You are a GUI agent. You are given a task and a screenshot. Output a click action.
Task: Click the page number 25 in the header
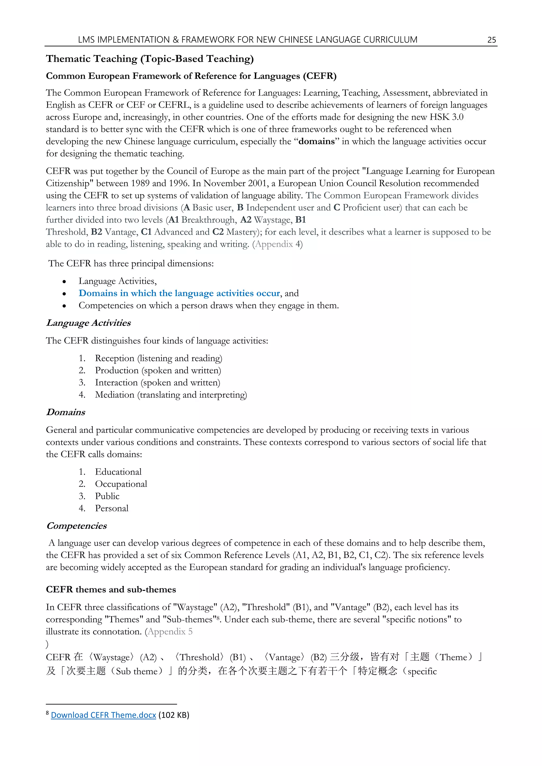pos(492,40)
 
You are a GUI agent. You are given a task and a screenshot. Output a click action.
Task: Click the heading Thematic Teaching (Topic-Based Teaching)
pos(150,59)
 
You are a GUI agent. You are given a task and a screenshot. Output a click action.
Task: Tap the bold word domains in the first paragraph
pos(317,142)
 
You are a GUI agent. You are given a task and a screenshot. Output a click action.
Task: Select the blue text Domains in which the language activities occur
pos(179,293)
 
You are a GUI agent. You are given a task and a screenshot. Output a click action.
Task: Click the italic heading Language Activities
pos(88,323)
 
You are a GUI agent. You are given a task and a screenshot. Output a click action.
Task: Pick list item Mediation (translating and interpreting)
pos(171,395)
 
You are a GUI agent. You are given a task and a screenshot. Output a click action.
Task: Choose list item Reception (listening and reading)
pos(159,358)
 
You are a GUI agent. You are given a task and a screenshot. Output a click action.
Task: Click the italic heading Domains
pos(66,412)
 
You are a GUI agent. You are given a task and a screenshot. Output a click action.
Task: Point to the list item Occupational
pos(121,484)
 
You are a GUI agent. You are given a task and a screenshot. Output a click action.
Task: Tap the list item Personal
pos(111,509)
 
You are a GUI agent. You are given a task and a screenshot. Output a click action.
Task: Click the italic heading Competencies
pos(76,526)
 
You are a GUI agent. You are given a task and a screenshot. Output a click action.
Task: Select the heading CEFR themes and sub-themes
pos(111,590)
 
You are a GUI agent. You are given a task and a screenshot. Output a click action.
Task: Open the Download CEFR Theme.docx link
pos(103,715)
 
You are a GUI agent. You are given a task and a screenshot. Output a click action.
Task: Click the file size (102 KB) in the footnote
pos(174,715)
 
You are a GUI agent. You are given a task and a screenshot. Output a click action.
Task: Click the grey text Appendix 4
pos(278,244)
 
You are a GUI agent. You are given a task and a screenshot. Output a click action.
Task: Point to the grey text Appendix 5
pos(170,632)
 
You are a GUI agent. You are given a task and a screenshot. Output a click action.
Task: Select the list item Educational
pos(118,472)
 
